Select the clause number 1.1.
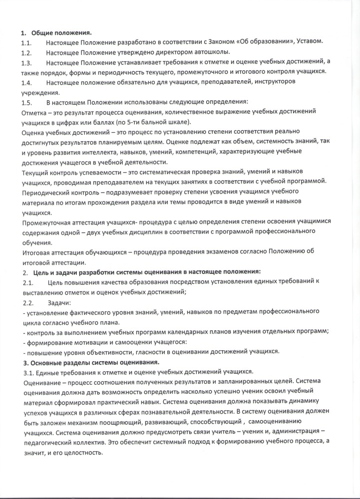point(26,42)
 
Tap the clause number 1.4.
point(26,81)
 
